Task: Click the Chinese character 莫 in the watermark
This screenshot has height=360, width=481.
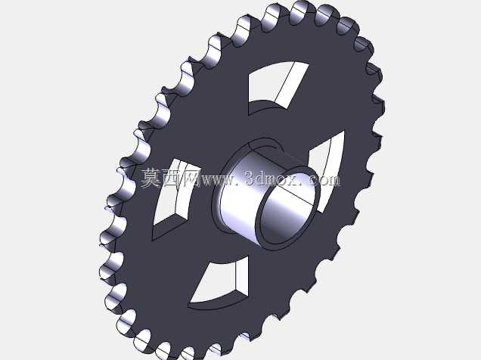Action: (151, 178)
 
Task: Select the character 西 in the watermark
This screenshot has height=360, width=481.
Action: (172, 178)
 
